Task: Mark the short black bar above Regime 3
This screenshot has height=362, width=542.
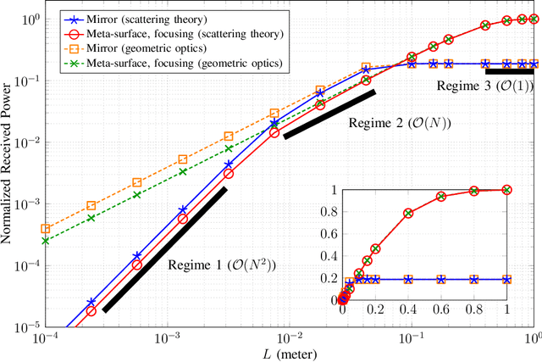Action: [x=509, y=72]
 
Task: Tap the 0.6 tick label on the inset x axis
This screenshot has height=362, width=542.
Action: [x=440, y=311]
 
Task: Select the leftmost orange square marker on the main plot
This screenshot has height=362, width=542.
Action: [x=46, y=228]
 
